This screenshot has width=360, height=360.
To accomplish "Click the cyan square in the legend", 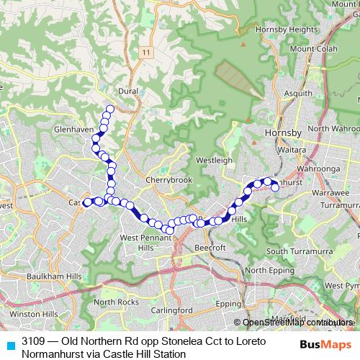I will point(9,346).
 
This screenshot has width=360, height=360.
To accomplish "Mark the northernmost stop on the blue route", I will point(110,109).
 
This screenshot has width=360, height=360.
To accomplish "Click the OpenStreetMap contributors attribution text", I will point(295,323).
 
